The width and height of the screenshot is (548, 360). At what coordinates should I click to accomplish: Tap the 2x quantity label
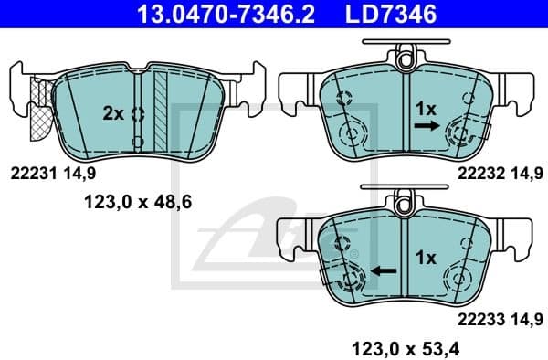[113, 113]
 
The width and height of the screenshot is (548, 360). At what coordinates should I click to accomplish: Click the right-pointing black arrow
[425, 130]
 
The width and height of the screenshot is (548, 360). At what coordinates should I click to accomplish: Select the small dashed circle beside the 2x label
[137, 114]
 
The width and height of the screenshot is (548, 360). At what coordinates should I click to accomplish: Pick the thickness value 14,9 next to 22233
[529, 318]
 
